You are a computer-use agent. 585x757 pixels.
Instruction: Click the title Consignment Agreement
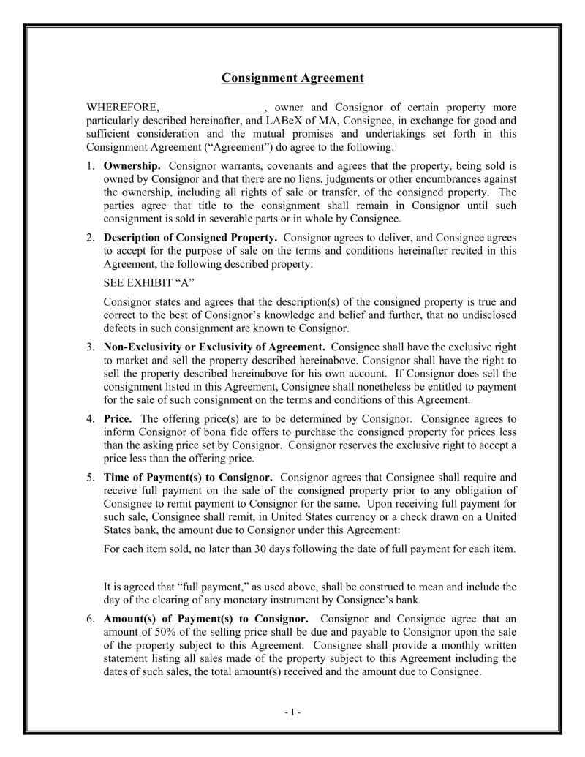(x=292, y=78)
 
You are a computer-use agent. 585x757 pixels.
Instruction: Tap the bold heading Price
(x=118, y=419)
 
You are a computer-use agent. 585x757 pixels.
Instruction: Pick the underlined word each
(x=132, y=549)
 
